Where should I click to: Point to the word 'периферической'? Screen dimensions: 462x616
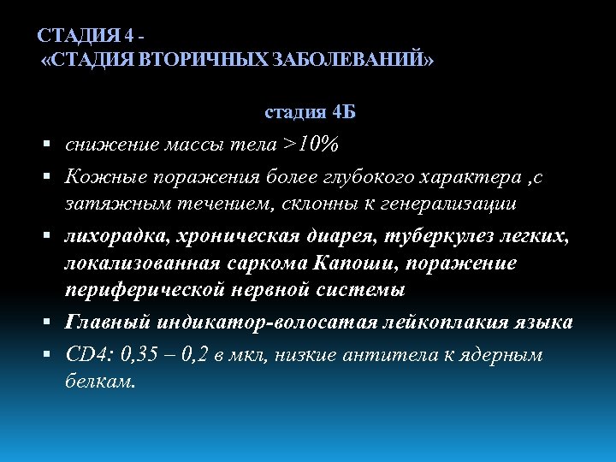tap(145, 291)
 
